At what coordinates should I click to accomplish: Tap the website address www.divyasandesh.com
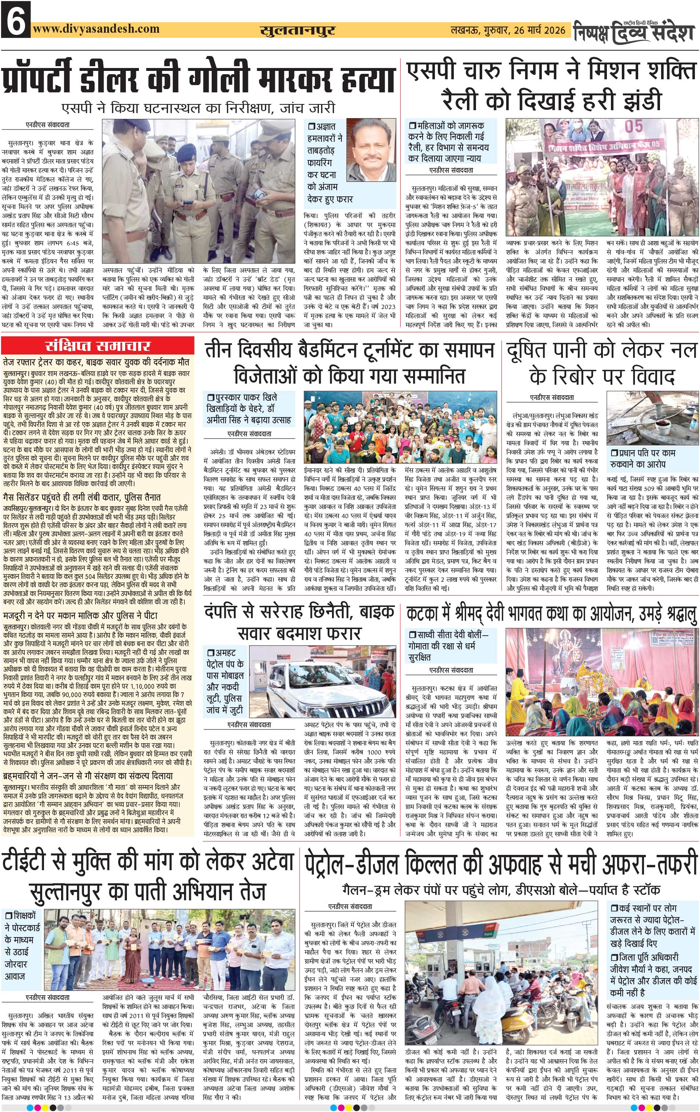[96, 29]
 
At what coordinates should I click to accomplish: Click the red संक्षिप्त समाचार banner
[98, 346]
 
